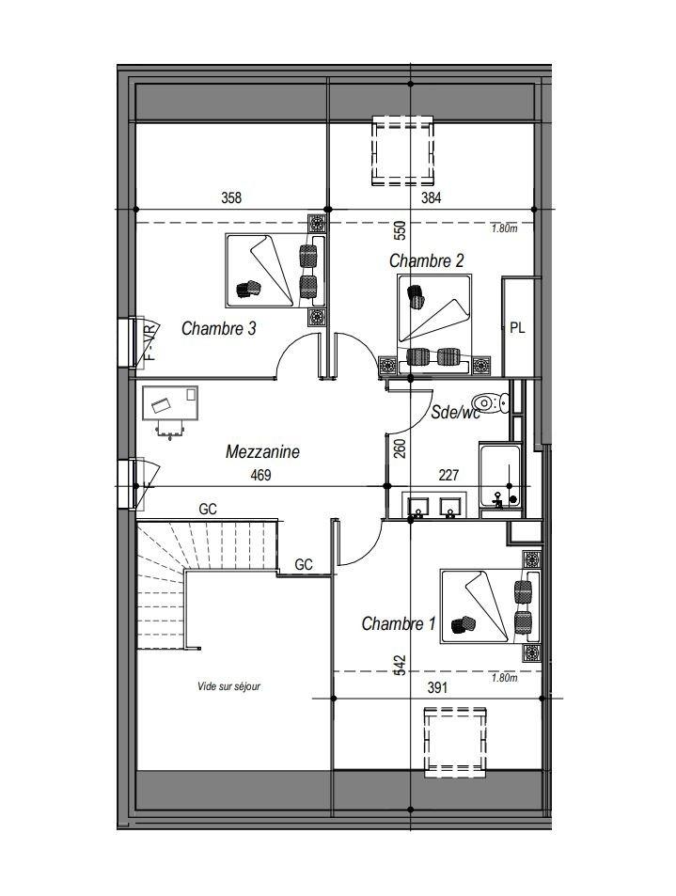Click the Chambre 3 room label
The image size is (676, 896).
[x=218, y=328]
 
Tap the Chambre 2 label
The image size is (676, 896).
[x=426, y=261]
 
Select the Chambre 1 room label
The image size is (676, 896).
[x=399, y=622]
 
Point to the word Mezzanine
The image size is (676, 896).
[x=262, y=451]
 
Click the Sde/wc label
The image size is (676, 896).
[x=455, y=412]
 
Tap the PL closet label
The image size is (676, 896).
[x=517, y=328]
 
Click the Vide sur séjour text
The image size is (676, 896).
[x=228, y=686]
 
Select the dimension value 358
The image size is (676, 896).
[x=231, y=197]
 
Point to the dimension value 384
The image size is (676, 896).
[x=432, y=197]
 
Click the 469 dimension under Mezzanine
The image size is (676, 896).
[x=260, y=475]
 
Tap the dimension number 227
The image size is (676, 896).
[x=448, y=475]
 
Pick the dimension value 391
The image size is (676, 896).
[x=437, y=688]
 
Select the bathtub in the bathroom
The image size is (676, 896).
[x=500, y=476]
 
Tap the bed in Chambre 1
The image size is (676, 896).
[x=490, y=606]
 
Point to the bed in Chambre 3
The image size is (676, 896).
[x=275, y=270]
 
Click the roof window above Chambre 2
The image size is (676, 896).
[x=402, y=150]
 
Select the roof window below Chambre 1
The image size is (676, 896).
[x=455, y=743]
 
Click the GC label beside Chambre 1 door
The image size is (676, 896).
[x=304, y=564]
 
